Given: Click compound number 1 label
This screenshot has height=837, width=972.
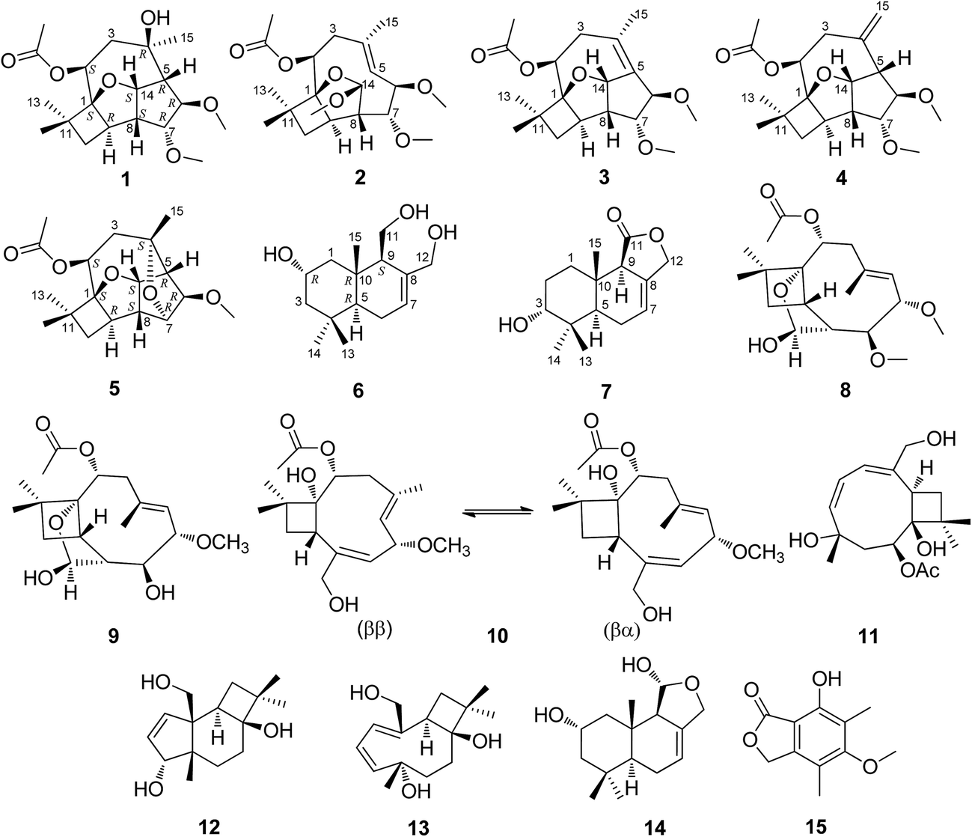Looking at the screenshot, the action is click(x=125, y=179).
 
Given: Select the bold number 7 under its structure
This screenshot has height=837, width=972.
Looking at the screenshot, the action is click(x=605, y=390).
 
